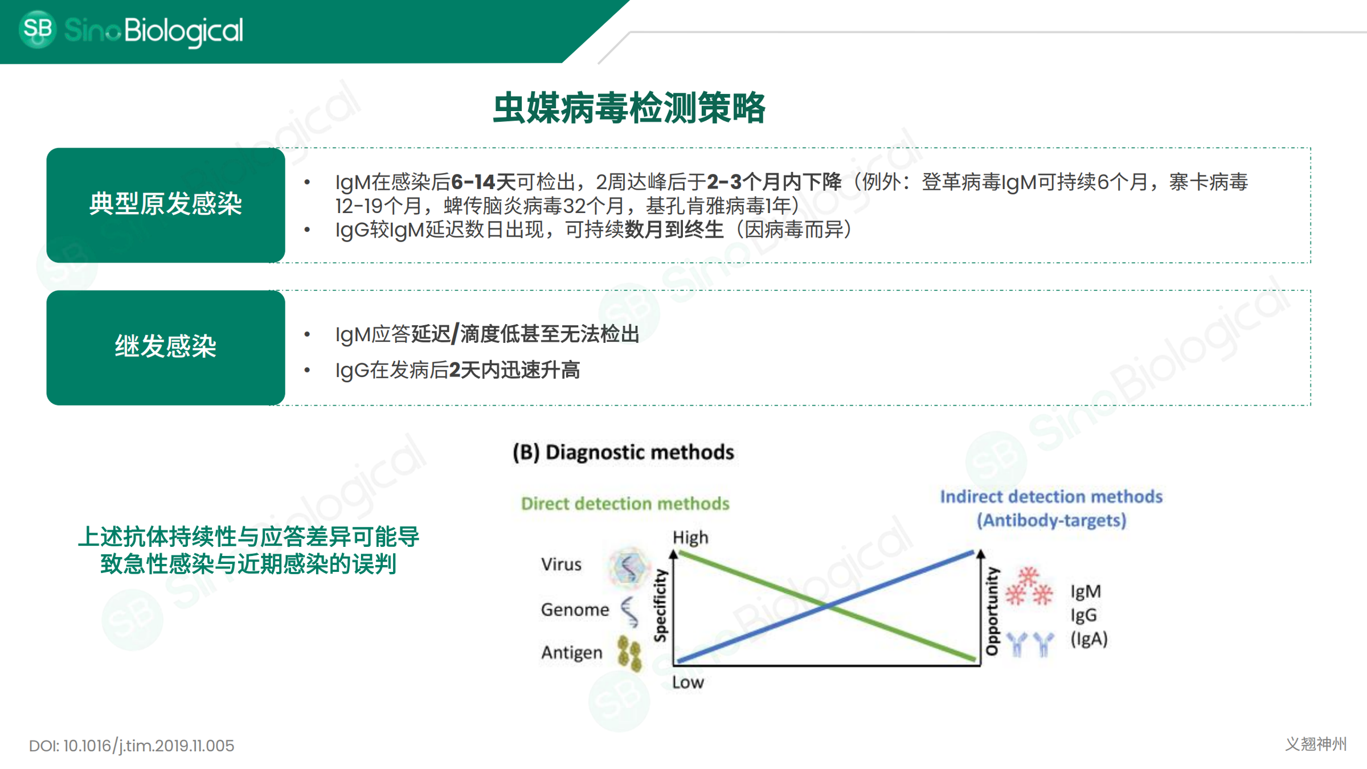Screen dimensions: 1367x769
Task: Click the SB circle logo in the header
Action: tap(38, 29)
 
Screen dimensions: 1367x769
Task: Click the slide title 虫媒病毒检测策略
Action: tap(629, 108)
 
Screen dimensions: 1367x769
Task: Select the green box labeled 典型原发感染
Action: tap(166, 205)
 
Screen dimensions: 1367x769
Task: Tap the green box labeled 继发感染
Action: tap(166, 347)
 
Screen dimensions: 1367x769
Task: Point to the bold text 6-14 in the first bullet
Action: tap(473, 182)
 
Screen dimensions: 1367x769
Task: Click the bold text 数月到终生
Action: tap(674, 230)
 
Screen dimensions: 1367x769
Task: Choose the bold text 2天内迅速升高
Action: tap(514, 370)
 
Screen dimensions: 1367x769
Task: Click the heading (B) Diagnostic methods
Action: tap(624, 452)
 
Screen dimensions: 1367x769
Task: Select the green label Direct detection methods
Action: tap(625, 504)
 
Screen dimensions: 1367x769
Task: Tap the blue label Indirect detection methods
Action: tap(1051, 497)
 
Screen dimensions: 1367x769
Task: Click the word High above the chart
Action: tap(690, 537)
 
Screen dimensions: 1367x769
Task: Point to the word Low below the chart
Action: tap(688, 682)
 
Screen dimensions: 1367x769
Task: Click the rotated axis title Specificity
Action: tap(660, 606)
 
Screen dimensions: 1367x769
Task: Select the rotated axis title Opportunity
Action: tap(992, 611)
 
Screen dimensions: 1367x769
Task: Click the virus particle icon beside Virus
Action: tap(628, 567)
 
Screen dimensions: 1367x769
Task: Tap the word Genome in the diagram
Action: tap(575, 610)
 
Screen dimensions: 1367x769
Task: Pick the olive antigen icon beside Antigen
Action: tap(629, 653)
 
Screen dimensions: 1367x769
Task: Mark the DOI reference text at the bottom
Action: tap(132, 746)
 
